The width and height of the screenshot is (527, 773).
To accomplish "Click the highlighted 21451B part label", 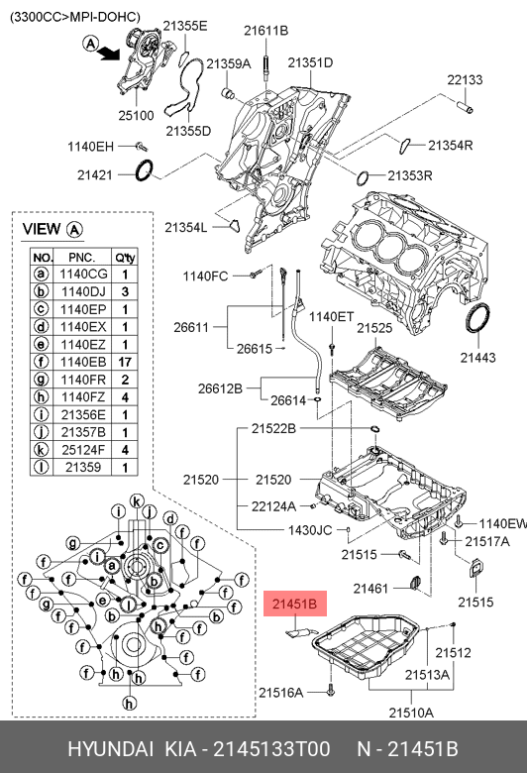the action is (295, 604).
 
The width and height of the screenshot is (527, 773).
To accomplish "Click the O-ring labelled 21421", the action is (145, 169).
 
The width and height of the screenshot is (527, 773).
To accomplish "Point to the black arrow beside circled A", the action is (109, 53).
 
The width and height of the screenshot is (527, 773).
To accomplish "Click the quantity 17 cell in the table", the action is (125, 362).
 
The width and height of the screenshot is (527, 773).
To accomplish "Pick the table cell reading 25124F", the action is (83, 450).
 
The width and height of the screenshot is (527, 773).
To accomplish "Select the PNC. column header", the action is (82, 258).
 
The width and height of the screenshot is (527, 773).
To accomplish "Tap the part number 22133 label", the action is (465, 79).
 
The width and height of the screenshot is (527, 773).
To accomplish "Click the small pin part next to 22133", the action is (465, 107).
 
